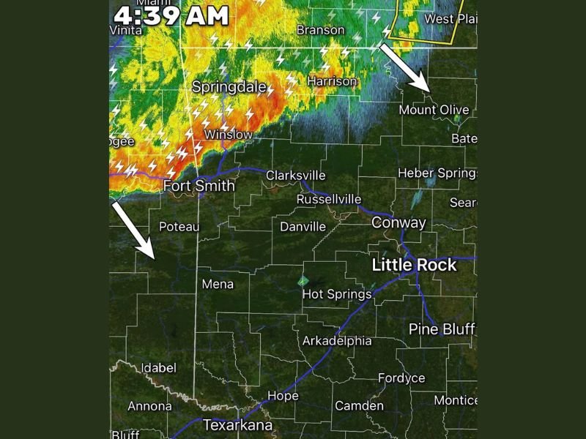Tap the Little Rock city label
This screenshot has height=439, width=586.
[414, 265]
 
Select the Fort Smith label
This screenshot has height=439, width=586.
[199, 186]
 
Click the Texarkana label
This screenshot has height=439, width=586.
[237, 424]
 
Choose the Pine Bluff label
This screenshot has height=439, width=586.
[442, 329]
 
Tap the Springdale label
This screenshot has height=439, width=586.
[229, 86]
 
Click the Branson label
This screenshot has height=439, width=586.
[320, 30]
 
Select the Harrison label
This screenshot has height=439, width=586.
[332, 81]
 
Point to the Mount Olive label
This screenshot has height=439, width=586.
[434, 110]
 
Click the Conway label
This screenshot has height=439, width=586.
[398, 222]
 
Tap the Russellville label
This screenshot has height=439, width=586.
[329, 199]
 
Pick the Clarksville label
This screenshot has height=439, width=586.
[295, 176]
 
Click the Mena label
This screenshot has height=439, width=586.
[218, 284]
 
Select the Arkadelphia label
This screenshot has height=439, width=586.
[337, 341]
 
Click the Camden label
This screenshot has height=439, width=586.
[359, 405]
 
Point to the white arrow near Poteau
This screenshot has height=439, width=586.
[134, 230]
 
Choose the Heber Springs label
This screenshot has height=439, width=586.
[437, 173]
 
